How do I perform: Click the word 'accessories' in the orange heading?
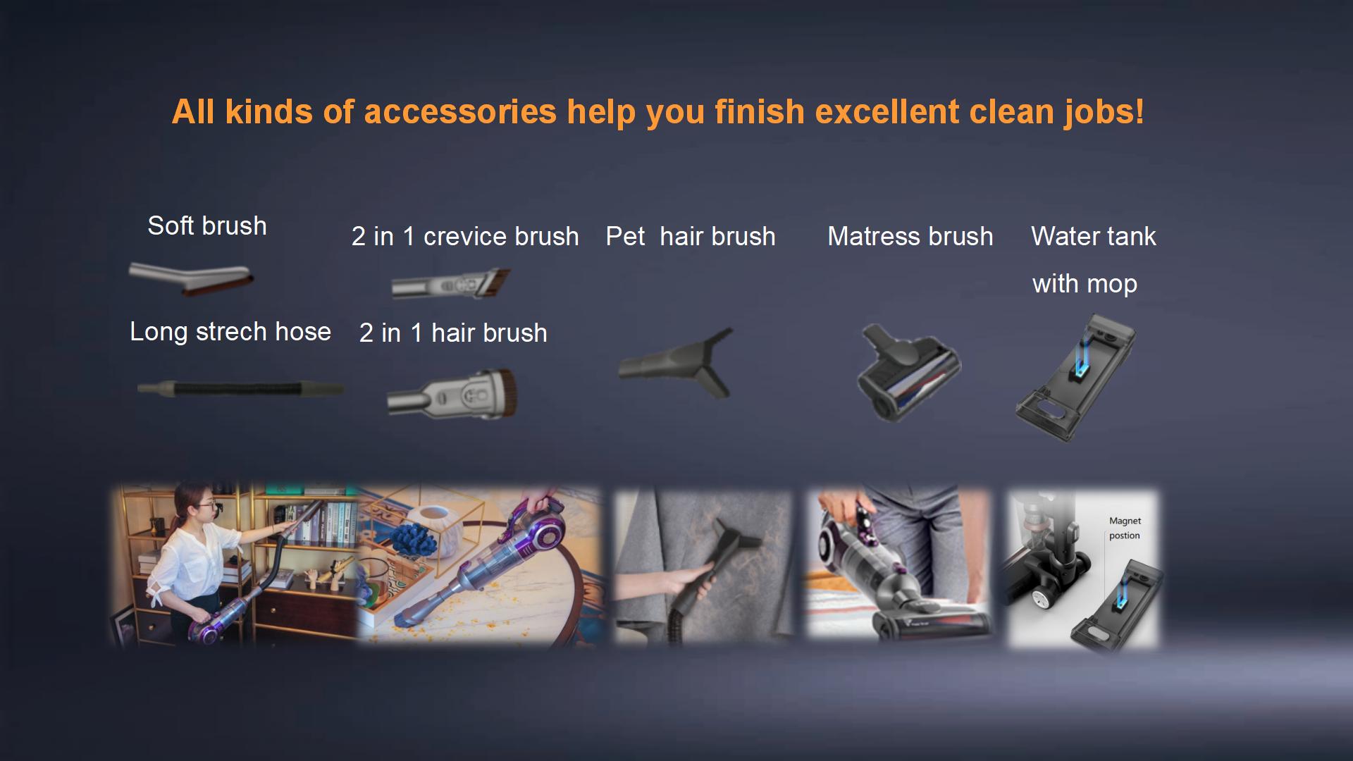[460, 111]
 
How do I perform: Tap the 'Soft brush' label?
[207, 225]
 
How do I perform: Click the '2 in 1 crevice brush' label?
[465, 236]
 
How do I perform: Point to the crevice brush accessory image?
[451, 283]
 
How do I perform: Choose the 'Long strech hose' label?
[230, 331]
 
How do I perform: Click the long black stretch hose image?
[240, 388]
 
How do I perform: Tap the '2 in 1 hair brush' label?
[453, 333]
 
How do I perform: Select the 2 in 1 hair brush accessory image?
[452, 393]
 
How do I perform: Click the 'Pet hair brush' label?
[691, 236]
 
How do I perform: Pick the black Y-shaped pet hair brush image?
[676, 363]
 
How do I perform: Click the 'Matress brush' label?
[910, 236]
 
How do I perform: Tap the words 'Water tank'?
[1094, 236]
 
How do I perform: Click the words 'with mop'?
[1085, 283]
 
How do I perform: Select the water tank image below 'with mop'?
[1076, 378]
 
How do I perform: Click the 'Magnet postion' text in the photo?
[1125, 528]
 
